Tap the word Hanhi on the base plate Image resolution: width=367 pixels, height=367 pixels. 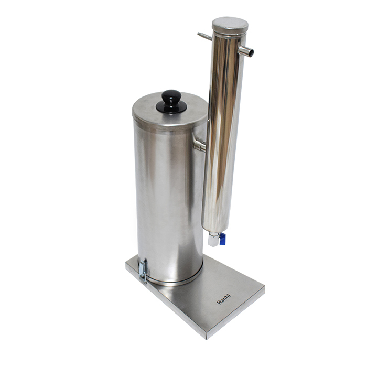coord(224,299)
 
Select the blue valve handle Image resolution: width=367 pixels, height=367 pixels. coord(223,239)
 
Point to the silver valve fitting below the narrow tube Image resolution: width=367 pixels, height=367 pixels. coord(214,239)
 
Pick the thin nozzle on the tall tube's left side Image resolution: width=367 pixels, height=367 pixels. coord(204,36)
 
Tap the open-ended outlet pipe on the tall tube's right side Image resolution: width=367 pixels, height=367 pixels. coord(246,51)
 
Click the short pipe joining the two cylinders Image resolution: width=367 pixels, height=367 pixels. coord(200,145)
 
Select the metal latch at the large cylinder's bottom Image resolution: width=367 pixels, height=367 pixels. coord(143,271)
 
